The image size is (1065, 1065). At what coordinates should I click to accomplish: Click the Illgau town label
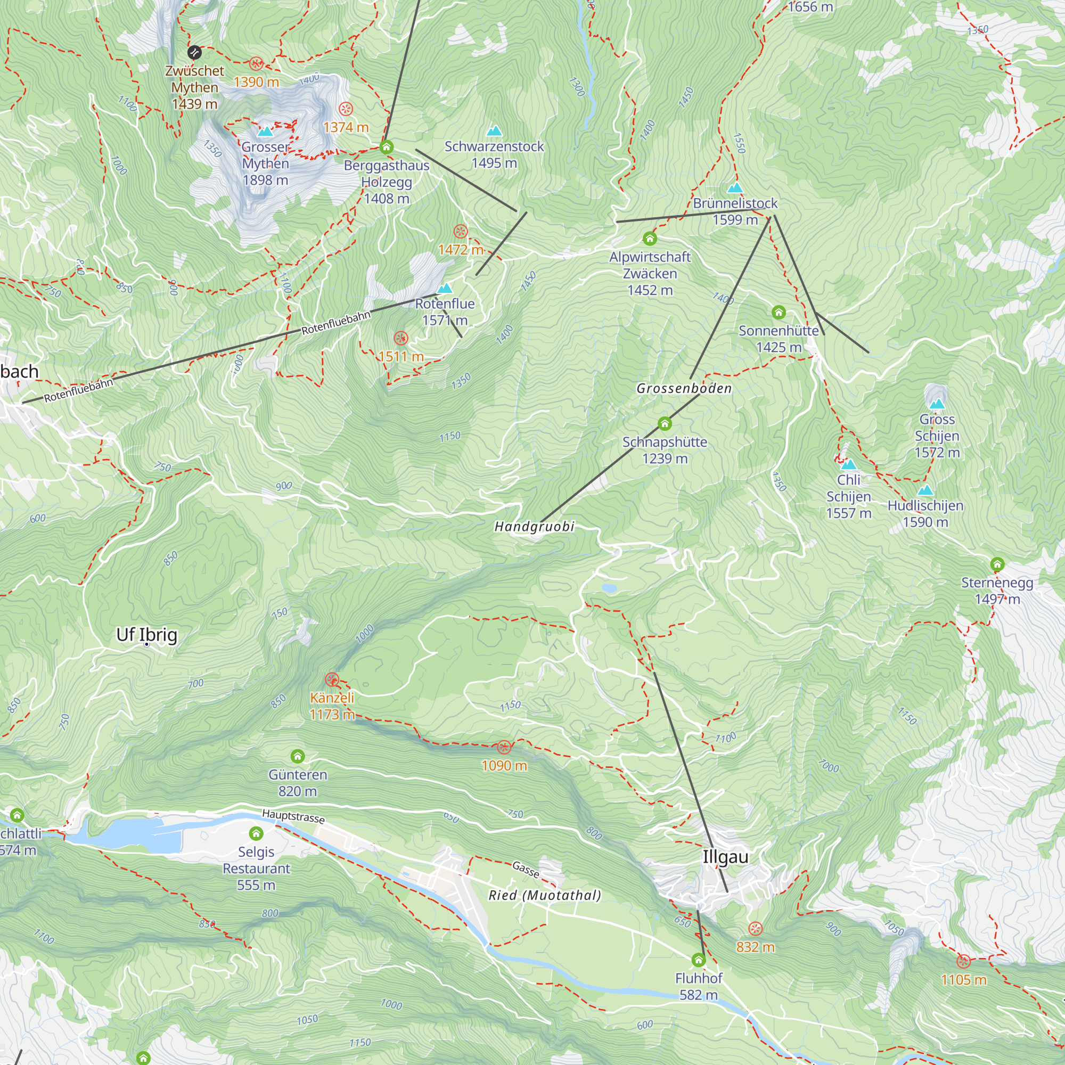725,857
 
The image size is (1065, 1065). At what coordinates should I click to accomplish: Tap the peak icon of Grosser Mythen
265,132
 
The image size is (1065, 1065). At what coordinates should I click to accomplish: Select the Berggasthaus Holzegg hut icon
387,147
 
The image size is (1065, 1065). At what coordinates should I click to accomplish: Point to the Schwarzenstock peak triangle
494,131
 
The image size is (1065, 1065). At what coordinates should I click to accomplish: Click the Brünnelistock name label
735,203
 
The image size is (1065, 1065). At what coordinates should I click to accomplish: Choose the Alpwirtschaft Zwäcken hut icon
650,239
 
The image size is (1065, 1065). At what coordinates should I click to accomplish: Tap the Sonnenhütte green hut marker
779,313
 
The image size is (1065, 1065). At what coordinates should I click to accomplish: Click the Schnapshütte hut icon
665,423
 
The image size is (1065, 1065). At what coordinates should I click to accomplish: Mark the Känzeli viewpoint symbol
331,679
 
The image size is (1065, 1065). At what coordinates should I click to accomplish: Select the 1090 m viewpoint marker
504,748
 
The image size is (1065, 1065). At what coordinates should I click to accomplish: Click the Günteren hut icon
298,756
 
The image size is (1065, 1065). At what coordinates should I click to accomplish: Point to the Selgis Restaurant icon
256,833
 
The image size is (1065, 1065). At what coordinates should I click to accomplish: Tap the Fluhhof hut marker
699,960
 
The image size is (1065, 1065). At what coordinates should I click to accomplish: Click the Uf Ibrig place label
146,635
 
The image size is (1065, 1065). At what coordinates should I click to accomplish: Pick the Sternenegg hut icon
997,564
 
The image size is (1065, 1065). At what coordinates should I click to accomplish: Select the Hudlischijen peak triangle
925,490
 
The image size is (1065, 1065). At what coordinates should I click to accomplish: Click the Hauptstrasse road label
293,816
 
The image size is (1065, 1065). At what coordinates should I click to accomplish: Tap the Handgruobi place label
534,527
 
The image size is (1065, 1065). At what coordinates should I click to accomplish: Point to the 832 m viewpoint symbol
755,928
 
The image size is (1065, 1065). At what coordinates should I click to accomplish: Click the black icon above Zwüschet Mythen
194,52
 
